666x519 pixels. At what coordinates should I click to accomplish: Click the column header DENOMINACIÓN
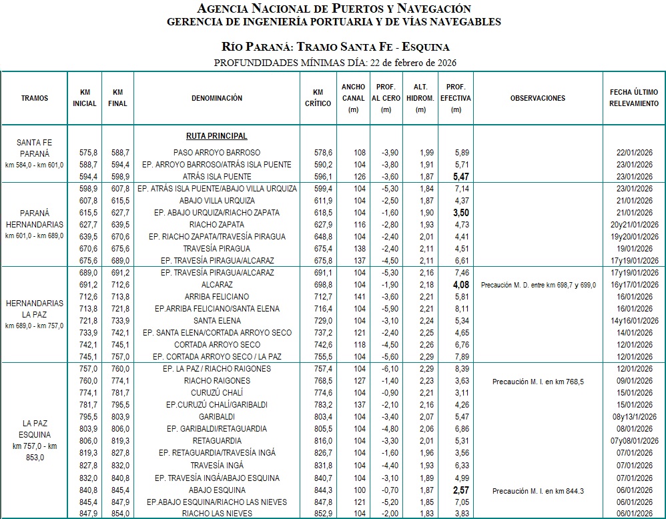(x=217, y=98)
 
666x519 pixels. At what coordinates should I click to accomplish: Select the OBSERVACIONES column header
(x=537, y=98)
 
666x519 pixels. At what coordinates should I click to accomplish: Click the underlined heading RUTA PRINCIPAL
(x=217, y=136)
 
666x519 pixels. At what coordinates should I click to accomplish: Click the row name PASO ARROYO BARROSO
(x=217, y=153)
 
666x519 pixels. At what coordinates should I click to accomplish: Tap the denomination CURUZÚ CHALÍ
(x=217, y=392)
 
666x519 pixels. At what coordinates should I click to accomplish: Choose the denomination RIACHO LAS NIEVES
(x=217, y=513)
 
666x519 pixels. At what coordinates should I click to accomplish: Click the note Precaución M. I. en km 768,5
(x=538, y=382)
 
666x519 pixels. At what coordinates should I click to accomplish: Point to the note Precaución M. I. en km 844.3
(x=538, y=491)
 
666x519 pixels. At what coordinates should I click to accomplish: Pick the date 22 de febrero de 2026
(x=410, y=63)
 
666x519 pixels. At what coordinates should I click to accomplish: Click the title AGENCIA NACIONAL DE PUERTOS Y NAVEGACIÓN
(x=334, y=9)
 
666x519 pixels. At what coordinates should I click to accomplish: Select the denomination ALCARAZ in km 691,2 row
(x=217, y=285)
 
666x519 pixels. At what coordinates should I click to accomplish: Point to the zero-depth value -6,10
(x=386, y=369)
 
